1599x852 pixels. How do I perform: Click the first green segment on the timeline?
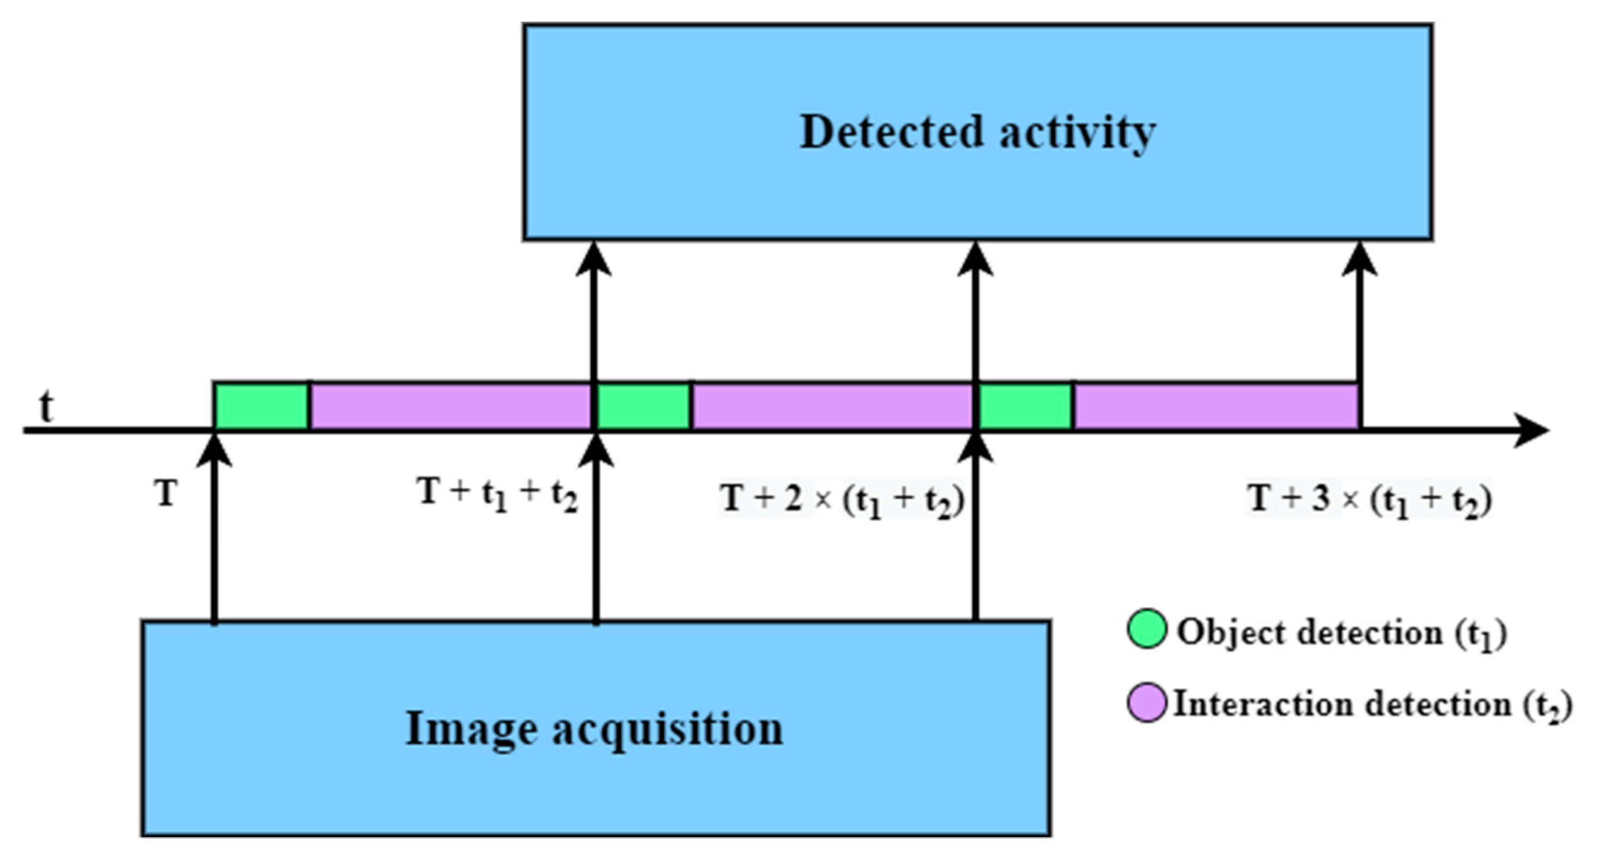pyautogui.click(x=261, y=406)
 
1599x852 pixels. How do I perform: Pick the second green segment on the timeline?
pyautogui.click(x=643, y=406)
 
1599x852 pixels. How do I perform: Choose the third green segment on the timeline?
pyautogui.click(x=1026, y=406)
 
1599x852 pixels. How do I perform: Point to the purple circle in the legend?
pyautogui.click(x=1146, y=702)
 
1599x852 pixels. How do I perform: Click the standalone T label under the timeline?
pyautogui.click(x=166, y=495)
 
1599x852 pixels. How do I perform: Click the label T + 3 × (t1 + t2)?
pyautogui.click(x=1369, y=499)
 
